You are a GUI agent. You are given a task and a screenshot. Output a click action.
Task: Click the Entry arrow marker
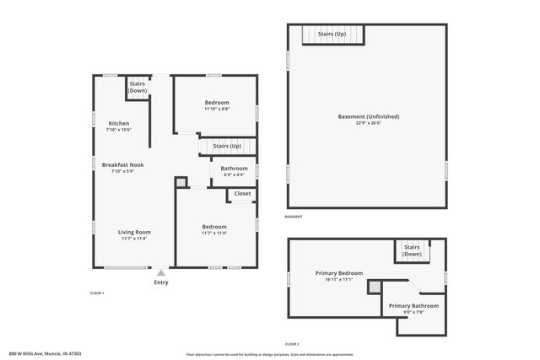160,272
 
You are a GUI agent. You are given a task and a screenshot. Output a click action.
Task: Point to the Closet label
242,194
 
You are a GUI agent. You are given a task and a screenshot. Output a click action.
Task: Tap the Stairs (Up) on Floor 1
227,146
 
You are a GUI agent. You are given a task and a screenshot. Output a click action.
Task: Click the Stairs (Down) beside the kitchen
138,87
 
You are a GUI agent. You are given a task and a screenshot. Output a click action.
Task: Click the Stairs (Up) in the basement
331,34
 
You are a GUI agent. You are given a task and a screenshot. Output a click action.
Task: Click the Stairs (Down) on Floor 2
412,250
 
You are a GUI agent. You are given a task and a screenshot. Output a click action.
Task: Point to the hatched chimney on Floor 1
180,182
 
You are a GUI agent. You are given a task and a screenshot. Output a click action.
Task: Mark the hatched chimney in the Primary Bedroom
374,287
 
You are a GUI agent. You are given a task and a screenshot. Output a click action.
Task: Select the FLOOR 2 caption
291,344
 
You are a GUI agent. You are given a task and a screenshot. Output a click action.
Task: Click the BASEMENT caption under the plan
293,218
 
